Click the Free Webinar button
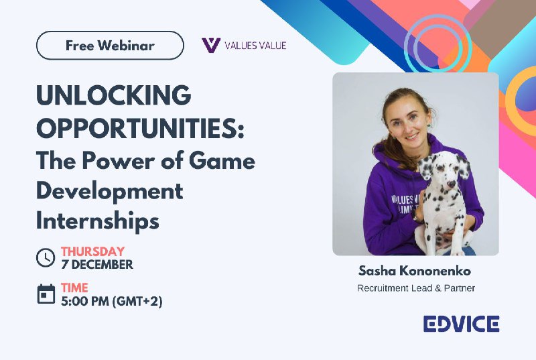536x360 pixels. tap(110, 46)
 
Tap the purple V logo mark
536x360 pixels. tap(211, 45)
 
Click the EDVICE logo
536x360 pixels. tap(461, 324)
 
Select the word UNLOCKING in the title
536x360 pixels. tap(113, 95)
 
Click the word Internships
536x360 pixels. tap(98, 220)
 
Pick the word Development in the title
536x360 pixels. tap(110, 191)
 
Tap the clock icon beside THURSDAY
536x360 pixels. tap(46, 257)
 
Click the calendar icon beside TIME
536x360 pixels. tap(46, 294)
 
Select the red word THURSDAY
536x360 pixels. tap(92, 251)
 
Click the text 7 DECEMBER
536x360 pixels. tap(97, 264)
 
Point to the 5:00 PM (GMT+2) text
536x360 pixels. tap(112, 301)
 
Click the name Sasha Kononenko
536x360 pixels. tap(415, 271)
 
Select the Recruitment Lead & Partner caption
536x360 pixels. tap(416, 288)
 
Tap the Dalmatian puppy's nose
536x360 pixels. tap(451, 184)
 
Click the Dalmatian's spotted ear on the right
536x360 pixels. tap(463, 166)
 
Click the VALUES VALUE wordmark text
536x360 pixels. tap(255, 46)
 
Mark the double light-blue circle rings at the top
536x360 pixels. tap(438, 44)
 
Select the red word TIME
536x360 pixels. tap(74, 288)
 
